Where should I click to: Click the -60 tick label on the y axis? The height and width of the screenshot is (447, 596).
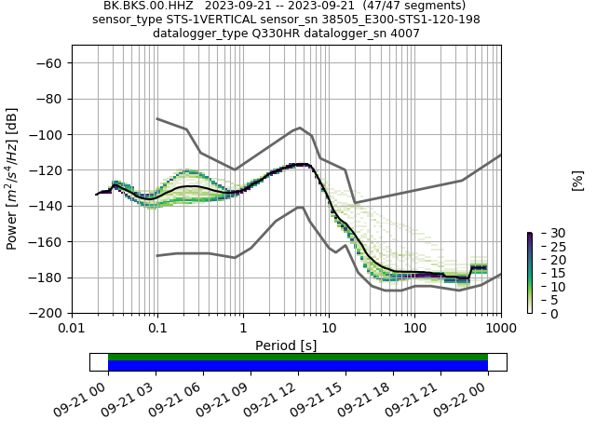pyautogui.click(x=51, y=62)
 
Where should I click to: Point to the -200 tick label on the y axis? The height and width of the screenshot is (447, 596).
pyautogui.click(x=47, y=313)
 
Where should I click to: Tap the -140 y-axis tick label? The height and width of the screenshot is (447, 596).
pyautogui.click(x=47, y=206)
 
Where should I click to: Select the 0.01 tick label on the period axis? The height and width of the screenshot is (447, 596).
pyautogui.click(x=72, y=329)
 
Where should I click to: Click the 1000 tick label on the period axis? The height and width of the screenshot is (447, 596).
pyautogui.click(x=500, y=329)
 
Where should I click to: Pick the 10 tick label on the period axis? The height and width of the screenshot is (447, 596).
pyautogui.click(x=329, y=329)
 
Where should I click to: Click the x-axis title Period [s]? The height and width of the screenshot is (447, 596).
pyautogui.click(x=286, y=345)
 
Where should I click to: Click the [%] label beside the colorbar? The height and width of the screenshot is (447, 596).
pyautogui.click(x=577, y=181)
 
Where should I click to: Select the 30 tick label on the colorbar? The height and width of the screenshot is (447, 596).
pyautogui.click(x=546, y=233)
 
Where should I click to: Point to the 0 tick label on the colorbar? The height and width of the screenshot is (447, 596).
pyautogui.click(x=542, y=314)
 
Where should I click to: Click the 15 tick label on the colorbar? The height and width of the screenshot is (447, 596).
pyautogui.click(x=546, y=274)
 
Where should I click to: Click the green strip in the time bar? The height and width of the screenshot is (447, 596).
pyautogui.click(x=298, y=357)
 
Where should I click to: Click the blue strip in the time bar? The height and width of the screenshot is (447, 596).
pyautogui.click(x=298, y=366)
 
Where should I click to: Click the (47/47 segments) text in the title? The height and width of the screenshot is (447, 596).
pyautogui.click(x=413, y=6)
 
